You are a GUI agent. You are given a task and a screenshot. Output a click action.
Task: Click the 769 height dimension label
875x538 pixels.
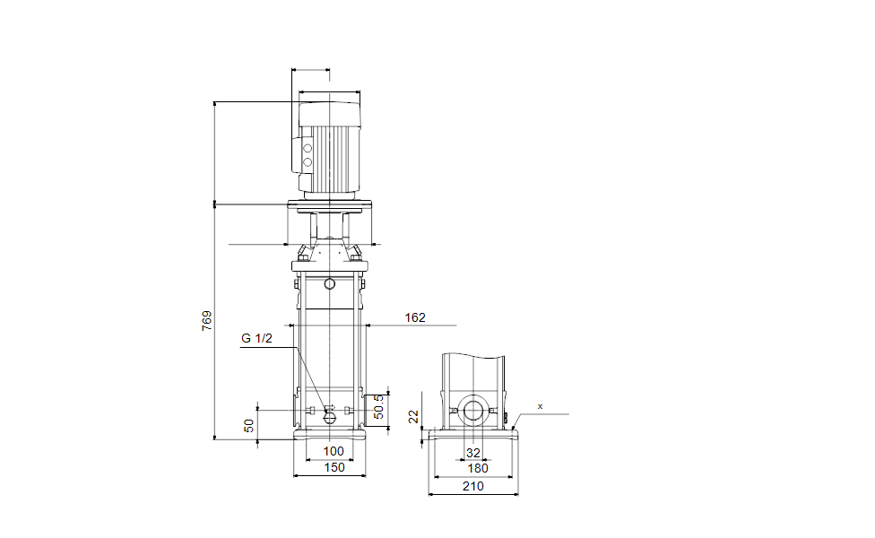tap(206, 321)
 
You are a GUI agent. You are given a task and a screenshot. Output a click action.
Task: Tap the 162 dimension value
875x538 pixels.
tap(415, 317)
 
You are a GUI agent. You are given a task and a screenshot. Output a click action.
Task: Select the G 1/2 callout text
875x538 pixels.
tap(256, 338)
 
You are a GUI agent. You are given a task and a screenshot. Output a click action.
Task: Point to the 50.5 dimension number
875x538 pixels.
tap(379, 407)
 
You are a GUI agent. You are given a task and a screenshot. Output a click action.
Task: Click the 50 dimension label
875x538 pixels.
tap(249, 425)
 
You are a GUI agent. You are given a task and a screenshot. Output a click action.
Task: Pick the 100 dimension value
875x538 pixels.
tap(334, 451)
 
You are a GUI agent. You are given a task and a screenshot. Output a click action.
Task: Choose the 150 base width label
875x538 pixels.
tap(334, 468)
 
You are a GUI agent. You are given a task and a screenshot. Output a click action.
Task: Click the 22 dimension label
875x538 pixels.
tap(413, 416)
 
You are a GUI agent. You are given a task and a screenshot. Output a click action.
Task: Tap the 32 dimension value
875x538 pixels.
tap(473, 453)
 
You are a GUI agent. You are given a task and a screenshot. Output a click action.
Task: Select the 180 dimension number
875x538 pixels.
tap(478, 468)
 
